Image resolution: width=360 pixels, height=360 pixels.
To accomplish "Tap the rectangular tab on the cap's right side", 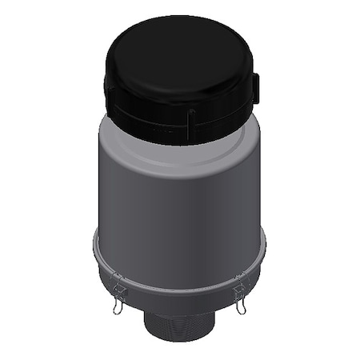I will click(x=256, y=87).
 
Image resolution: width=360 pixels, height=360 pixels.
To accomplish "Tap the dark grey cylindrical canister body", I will click(x=179, y=208).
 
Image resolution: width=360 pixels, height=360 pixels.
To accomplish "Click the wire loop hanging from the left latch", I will click(x=118, y=304).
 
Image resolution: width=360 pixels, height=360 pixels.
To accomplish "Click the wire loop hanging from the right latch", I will click(x=241, y=303).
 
